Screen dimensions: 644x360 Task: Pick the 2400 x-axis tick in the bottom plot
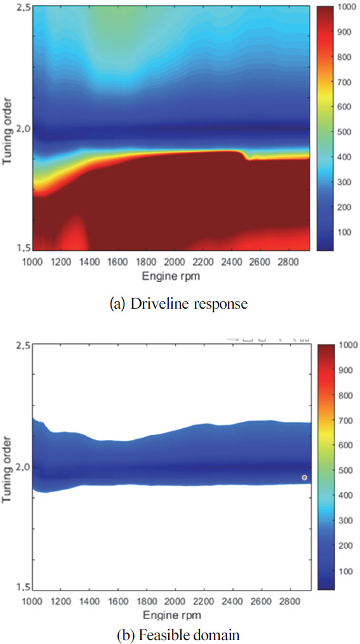tap(239, 601)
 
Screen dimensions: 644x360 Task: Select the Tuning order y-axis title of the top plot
tap(8, 130)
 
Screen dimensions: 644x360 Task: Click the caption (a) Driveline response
tap(178, 304)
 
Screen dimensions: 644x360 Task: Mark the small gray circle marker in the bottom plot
tap(305, 477)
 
